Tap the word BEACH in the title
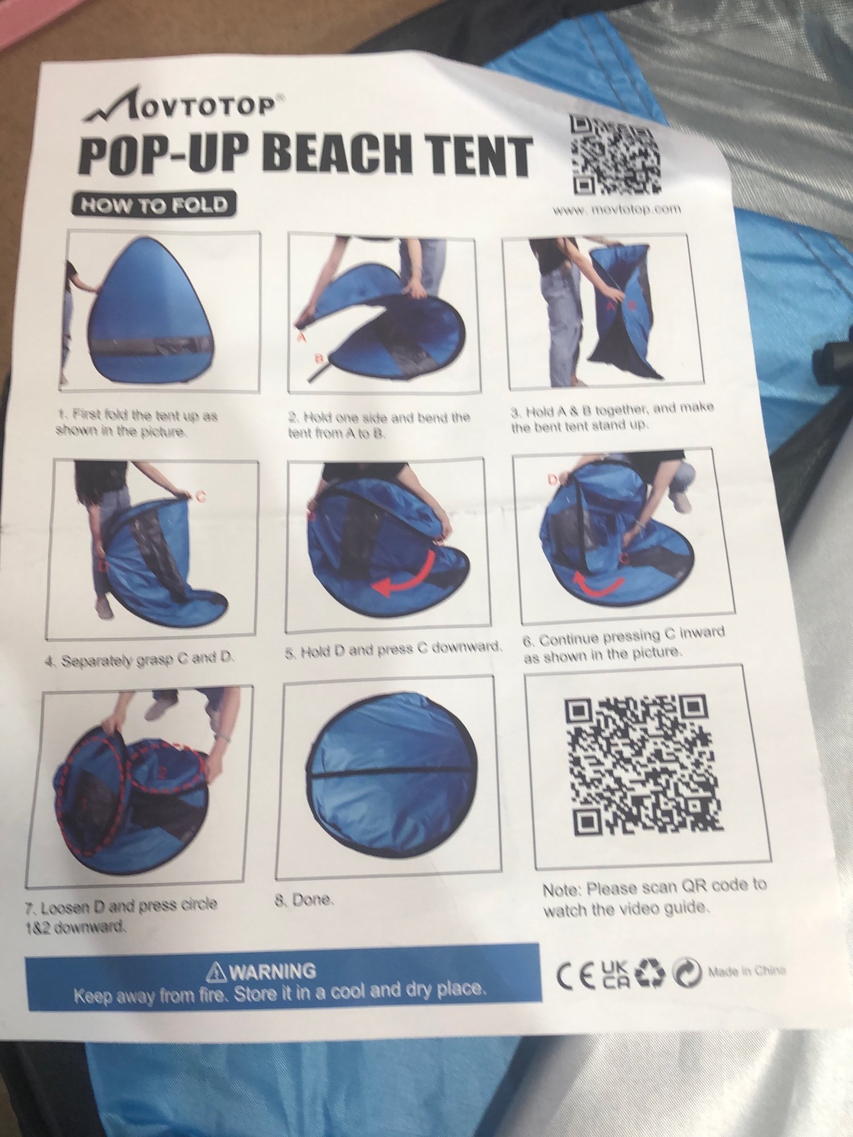point(338,154)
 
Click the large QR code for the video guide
point(643,764)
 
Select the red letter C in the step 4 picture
point(200,496)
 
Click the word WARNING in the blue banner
point(272,971)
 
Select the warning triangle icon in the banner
point(216,973)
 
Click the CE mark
point(576,976)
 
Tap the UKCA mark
point(614,974)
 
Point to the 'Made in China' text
point(746,971)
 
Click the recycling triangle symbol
point(649,973)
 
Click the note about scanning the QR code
point(654,898)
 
